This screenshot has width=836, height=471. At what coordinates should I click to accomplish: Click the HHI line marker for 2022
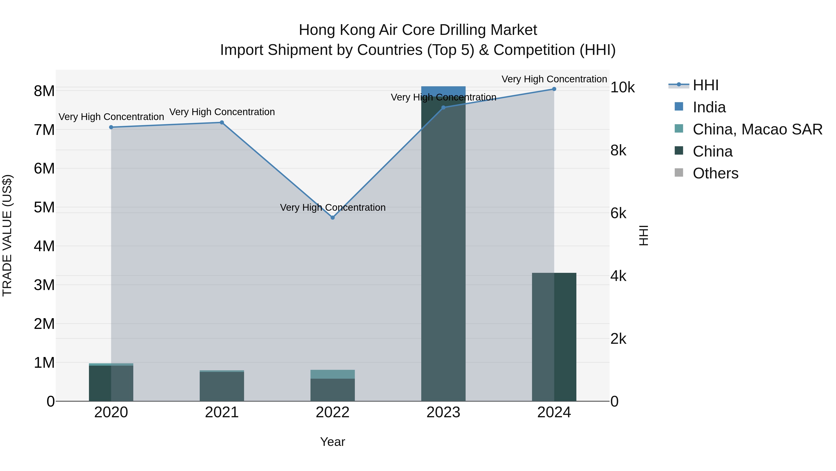coord(332,217)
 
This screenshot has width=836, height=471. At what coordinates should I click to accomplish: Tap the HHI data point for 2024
coord(554,89)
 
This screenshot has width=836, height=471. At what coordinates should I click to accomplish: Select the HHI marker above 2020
coord(111,127)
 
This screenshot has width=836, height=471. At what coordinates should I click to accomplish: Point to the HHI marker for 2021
coord(222,123)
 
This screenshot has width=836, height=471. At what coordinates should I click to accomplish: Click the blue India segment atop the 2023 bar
coord(443,91)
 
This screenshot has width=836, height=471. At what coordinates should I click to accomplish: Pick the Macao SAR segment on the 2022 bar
coord(332,374)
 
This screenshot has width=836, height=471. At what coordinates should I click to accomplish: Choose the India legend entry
coord(709,107)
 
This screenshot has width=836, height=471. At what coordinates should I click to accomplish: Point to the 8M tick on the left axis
coord(44,91)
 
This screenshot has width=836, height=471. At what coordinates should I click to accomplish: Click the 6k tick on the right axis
coord(618,213)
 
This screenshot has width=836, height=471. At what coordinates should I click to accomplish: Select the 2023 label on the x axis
coord(443,412)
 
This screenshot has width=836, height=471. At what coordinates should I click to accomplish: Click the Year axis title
coord(332,442)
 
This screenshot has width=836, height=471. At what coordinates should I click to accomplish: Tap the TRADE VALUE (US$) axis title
coord(7,235)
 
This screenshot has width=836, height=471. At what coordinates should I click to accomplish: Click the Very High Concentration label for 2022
coord(332,207)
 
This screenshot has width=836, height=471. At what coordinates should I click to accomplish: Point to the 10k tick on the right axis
coord(622,87)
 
